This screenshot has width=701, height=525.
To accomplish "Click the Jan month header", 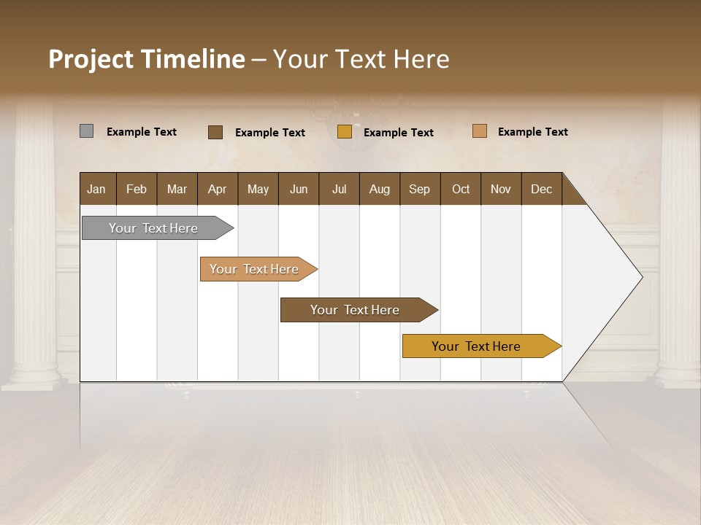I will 96,189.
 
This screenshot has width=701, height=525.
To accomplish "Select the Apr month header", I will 217,189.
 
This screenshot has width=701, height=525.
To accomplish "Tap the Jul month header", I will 339,189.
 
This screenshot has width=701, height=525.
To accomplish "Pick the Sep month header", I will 419,189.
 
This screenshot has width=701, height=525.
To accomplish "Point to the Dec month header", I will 541,189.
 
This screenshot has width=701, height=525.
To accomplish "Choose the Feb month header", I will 137,189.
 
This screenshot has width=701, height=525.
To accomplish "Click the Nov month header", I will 500,189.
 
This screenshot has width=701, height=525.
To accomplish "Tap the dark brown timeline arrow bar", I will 356,310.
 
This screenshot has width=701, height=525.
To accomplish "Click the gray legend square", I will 86,131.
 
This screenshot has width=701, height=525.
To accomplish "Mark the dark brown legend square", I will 215,132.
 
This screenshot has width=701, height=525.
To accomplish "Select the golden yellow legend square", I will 345,132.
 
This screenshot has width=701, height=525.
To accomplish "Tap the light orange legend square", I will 480,131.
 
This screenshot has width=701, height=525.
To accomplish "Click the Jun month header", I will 299,189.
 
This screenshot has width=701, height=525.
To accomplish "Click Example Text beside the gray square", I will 142,132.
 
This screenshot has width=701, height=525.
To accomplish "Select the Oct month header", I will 461,189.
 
